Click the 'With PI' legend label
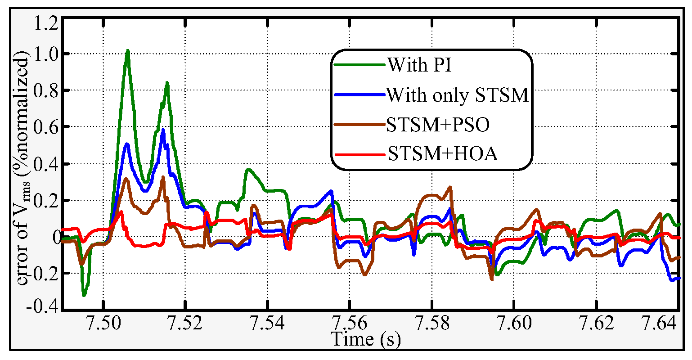coord(419,66)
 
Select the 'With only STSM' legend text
coord(457,95)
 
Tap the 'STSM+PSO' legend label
coord(437,126)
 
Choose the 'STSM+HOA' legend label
coord(443,154)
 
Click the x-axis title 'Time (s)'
coord(365,338)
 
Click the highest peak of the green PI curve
coord(128,50)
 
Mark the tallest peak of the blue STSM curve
coord(163,130)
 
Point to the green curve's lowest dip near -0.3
coord(84,295)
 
